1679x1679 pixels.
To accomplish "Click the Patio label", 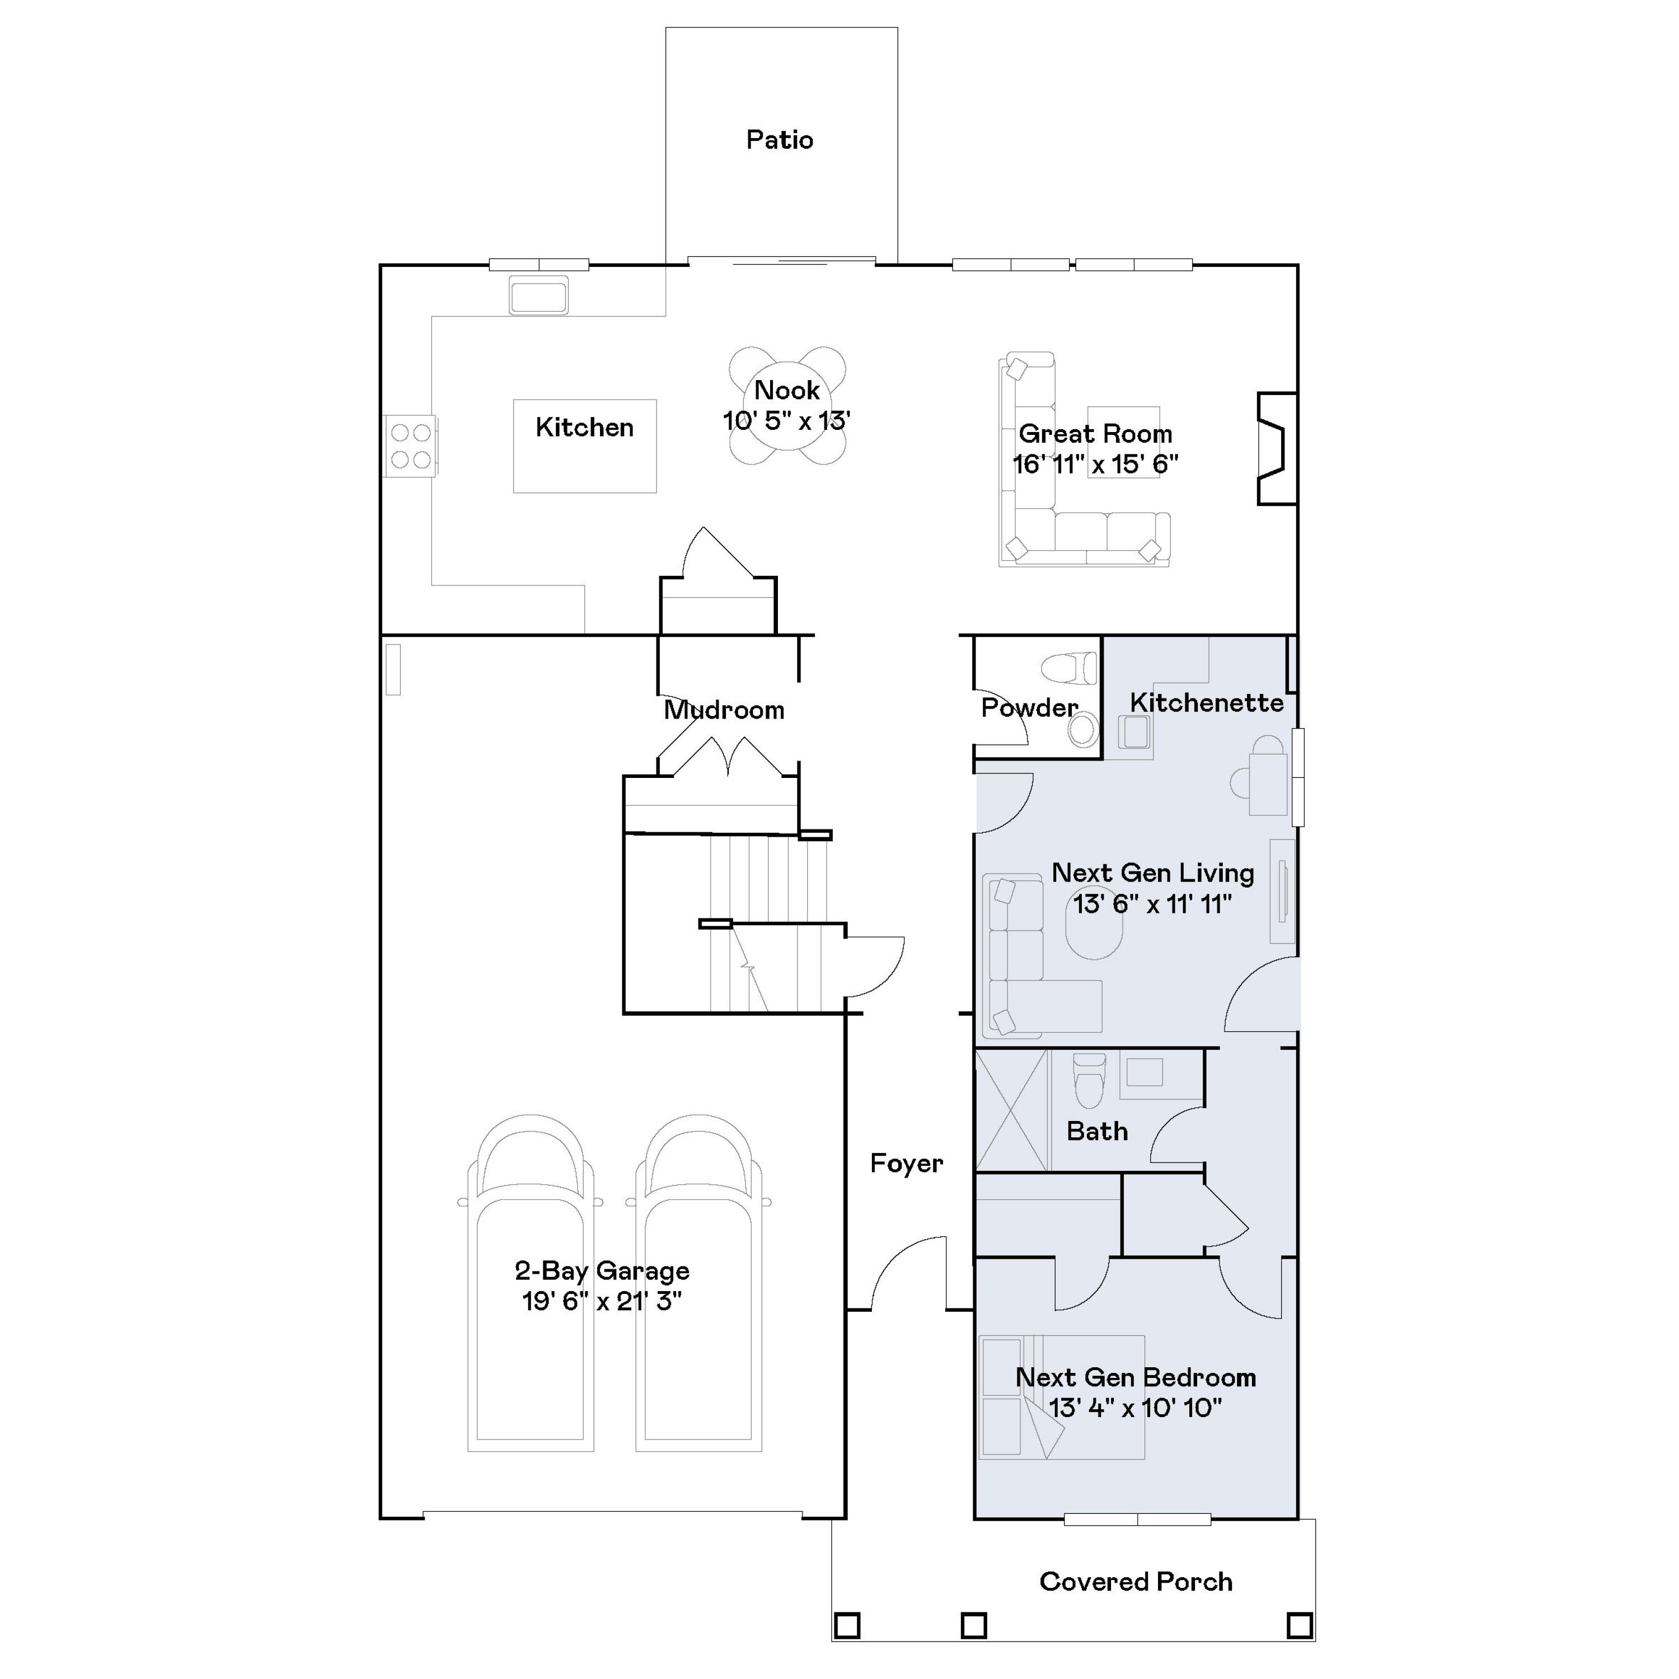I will tap(780, 140).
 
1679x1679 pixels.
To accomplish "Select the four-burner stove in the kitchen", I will tap(410, 446).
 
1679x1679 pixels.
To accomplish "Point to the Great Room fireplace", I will tap(1277, 448).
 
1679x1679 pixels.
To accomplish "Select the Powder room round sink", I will tap(1083, 729).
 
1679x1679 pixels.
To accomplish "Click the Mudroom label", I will tap(724, 710).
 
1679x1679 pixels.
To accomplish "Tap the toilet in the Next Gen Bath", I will tap(1089, 1082).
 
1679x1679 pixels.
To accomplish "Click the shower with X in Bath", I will tap(1011, 1110).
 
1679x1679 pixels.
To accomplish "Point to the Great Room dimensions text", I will tap(1095, 464).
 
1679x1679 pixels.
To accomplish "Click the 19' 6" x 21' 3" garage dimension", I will tap(602, 1301).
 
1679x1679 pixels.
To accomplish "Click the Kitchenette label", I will tap(1206, 702).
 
